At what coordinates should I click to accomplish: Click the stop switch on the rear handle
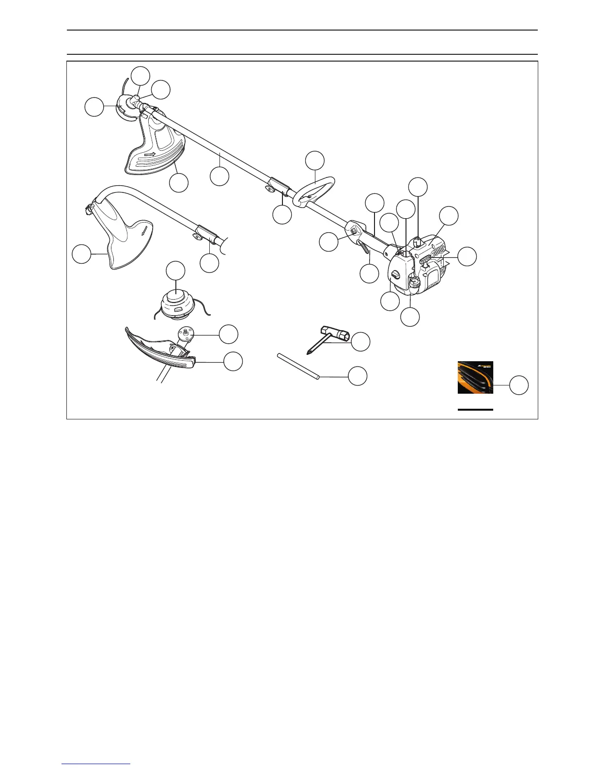(354, 231)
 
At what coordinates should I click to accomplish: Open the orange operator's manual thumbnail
(475, 377)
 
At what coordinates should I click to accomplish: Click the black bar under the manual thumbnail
(475, 410)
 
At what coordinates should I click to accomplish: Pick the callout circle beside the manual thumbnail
(519, 385)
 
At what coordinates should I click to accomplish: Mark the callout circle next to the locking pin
(358, 376)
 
